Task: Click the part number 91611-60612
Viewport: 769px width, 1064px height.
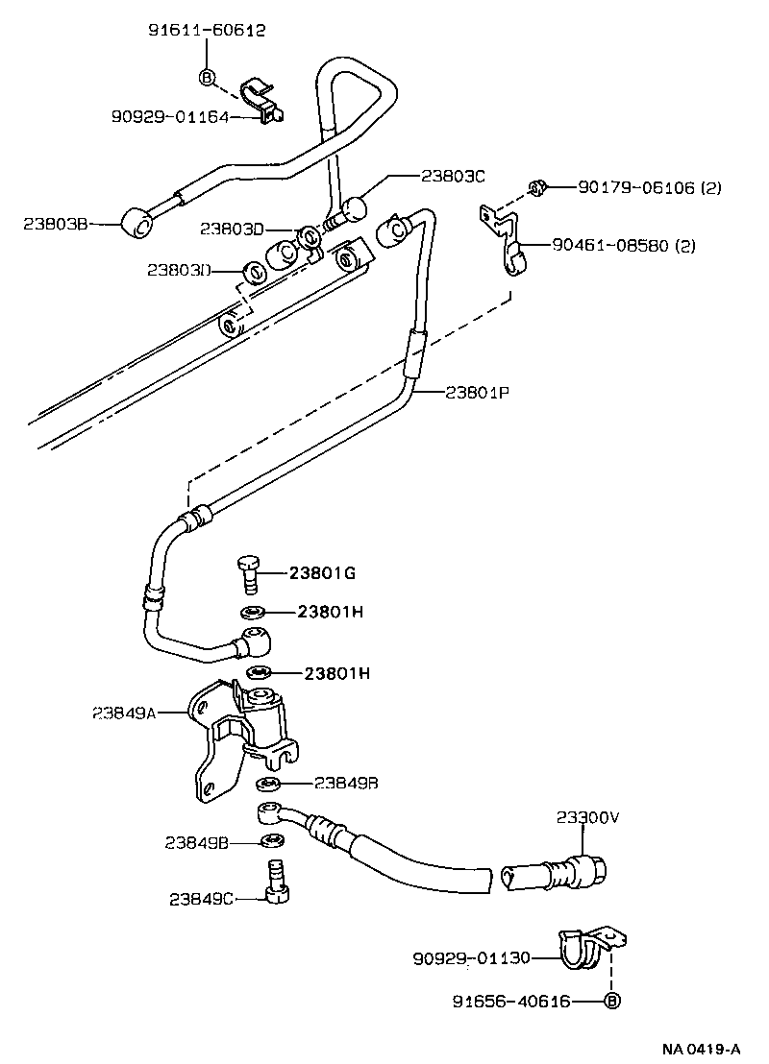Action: [x=207, y=31]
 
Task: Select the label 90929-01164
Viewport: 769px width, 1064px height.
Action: [x=172, y=116]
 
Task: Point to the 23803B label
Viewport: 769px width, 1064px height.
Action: [x=56, y=224]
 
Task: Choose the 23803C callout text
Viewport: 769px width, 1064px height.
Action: [x=453, y=176]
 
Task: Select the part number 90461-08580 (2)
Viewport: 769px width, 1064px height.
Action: [x=623, y=246]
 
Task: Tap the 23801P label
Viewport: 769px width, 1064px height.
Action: [x=478, y=392]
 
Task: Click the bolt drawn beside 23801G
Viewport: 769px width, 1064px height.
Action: [x=250, y=574]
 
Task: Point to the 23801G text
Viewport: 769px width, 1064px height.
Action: [x=323, y=573]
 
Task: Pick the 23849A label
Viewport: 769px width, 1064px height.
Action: [x=125, y=713]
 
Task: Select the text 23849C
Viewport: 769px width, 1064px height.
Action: [x=201, y=899]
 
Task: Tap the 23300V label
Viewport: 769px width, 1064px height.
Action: [x=587, y=817]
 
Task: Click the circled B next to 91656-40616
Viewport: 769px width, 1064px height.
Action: [x=611, y=1002]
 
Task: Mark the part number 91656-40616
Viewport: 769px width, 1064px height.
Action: [x=511, y=1002]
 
